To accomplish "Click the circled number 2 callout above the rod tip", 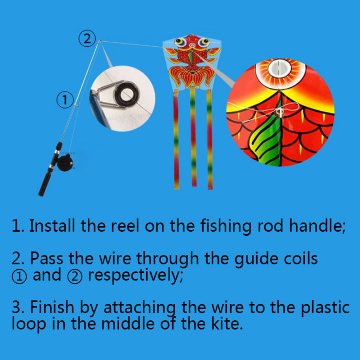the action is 87,39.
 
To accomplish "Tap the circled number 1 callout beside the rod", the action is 65,100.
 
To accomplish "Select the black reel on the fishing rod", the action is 65,163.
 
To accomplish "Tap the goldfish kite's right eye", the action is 203,42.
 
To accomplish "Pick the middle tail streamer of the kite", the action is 193,137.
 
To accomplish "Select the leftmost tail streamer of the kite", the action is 176,139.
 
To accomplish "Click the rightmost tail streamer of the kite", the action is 209,139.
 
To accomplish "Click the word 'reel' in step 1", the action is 125,226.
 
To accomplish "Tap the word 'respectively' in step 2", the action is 135,275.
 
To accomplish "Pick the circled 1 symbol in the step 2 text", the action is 19,276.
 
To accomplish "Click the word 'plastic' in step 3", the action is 325,308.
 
